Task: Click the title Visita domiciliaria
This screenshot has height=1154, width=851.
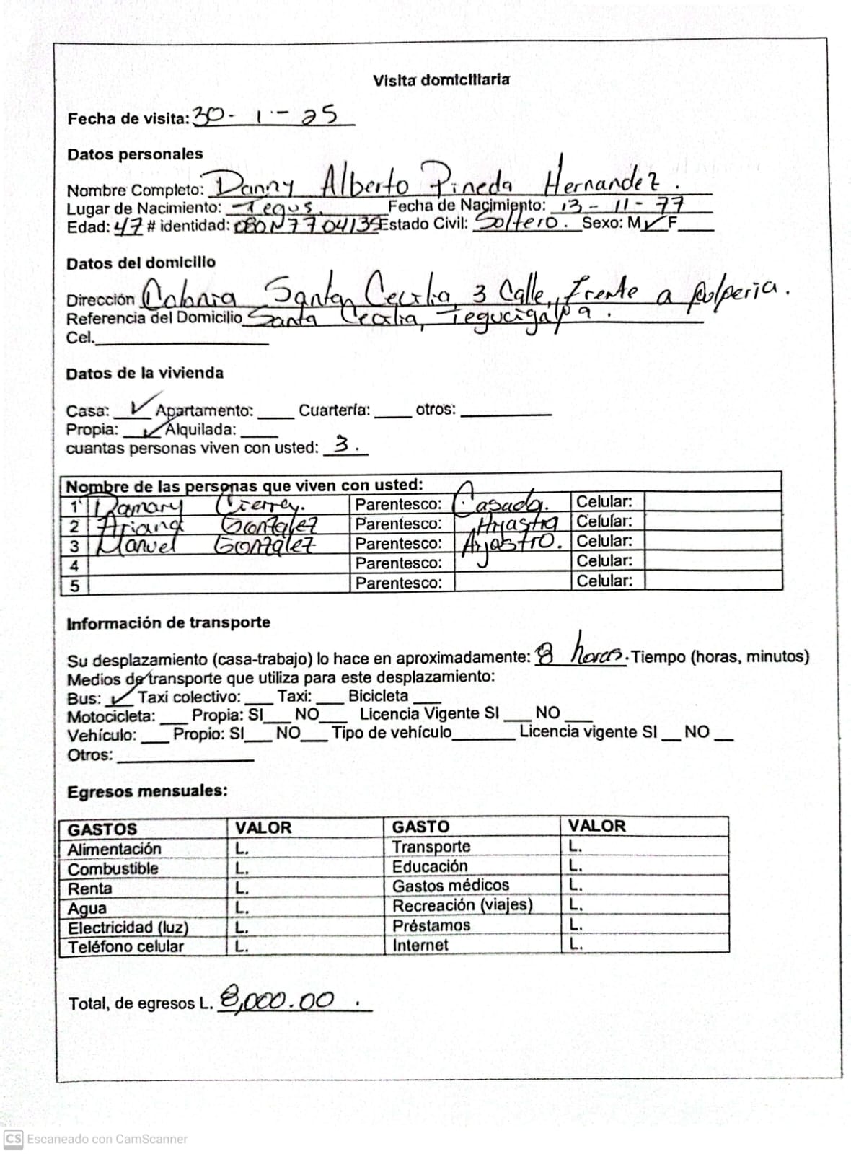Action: tap(441, 80)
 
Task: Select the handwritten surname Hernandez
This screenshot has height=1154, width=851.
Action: tap(608, 179)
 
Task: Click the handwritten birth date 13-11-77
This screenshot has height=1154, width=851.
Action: tap(621, 206)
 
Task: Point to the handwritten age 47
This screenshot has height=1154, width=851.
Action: tap(128, 226)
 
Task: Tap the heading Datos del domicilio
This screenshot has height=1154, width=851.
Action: tap(141, 263)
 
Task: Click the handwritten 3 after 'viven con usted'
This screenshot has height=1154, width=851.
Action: tap(343, 445)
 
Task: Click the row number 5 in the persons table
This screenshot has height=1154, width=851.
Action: tap(74, 585)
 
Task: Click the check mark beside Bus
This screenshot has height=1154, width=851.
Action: tap(120, 697)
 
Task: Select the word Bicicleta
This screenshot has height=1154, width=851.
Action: tap(378, 696)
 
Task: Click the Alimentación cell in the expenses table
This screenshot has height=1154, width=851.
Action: tap(114, 849)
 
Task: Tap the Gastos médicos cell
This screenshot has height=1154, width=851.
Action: tap(450, 885)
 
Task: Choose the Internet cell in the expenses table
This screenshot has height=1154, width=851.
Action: tap(420, 945)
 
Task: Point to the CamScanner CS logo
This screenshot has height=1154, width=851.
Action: tap(14, 1139)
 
